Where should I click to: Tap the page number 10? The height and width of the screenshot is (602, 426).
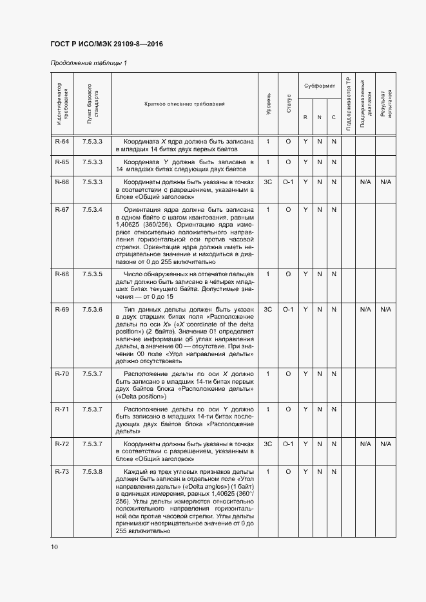coord(54,547)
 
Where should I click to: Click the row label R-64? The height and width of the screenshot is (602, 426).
coord(62,141)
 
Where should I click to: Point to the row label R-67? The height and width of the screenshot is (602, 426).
coord(62,210)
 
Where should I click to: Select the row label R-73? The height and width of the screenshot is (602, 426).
coord(62,473)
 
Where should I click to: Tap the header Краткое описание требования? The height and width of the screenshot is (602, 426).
coord(184,104)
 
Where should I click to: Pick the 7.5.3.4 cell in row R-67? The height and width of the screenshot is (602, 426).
coord(92,210)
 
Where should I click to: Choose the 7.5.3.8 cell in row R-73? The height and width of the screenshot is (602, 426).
coord(92,473)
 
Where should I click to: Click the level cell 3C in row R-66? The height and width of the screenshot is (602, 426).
coord(268,182)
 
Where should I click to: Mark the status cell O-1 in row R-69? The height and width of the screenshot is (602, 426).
coord(288,310)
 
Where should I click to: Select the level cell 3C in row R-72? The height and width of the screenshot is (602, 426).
coord(268,444)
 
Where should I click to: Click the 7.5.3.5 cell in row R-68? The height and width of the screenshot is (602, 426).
coord(92,274)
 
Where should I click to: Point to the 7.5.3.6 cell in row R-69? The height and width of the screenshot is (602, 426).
coord(92,310)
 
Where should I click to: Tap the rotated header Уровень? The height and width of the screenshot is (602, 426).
coord(268,104)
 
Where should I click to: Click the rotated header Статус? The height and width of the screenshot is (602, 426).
coord(288,104)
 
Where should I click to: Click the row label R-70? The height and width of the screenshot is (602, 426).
coord(62,373)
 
